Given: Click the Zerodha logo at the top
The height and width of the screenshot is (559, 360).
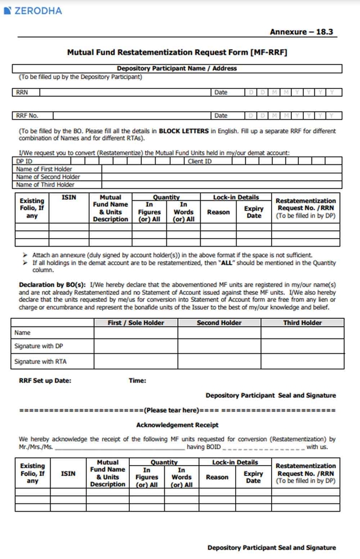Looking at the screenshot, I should click(33, 11).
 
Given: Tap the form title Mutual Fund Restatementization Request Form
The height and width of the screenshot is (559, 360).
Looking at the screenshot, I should click(177, 52).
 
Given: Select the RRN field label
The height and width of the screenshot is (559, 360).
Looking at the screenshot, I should click(22, 92).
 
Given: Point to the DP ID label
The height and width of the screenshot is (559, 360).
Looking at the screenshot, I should click(25, 162).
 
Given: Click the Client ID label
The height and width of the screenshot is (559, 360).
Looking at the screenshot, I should click(200, 162).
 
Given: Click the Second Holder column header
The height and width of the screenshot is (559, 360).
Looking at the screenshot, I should click(219, 323).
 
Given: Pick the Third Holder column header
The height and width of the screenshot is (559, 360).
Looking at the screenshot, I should click(302, 323).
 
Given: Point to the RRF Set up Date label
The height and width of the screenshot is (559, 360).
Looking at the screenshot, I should click(45, 381).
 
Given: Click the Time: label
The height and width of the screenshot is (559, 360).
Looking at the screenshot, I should click(137, 381).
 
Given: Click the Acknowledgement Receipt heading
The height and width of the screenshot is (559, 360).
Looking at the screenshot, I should click(177, 425).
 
